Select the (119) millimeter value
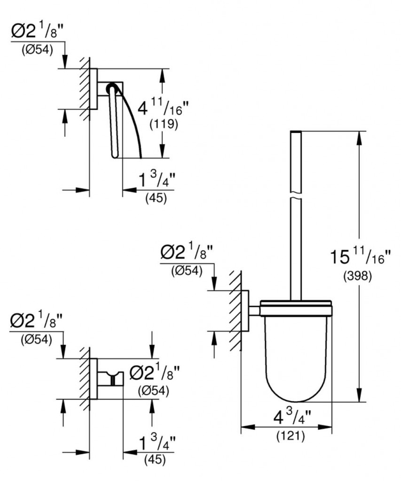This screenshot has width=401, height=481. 163,125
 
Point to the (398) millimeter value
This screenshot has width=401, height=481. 360,276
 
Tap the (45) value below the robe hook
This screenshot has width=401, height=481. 155,460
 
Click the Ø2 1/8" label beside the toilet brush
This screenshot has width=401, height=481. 187,254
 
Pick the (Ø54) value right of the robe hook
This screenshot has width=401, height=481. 154,390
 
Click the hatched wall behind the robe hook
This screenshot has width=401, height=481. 84,379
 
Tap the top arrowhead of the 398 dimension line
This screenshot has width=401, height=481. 360,136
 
